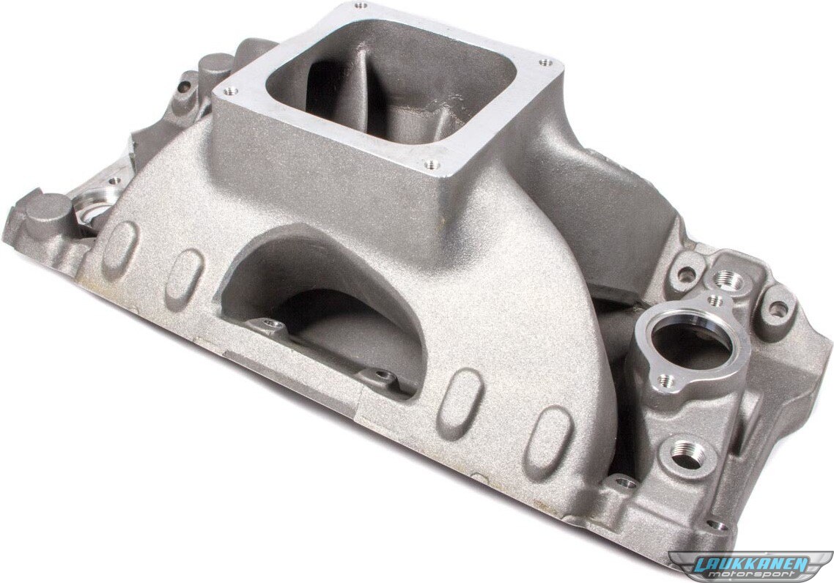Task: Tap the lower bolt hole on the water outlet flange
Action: (x=663, y=379)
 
